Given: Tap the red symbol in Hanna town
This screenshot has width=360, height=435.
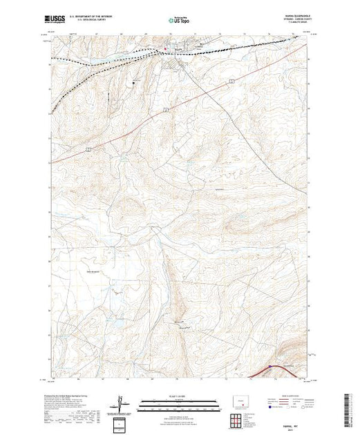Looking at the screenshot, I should click(164, 48).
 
